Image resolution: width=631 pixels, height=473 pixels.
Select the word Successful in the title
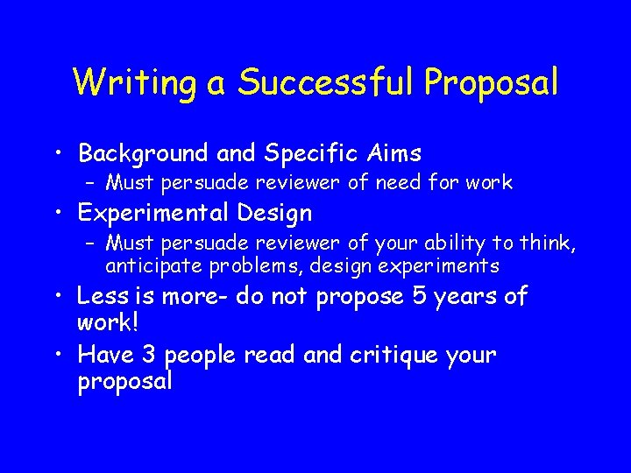[x=328, y=82]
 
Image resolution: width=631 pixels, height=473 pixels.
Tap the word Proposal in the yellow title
[x=492, y=83]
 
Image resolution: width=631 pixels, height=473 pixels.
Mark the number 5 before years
[x=419, y=296]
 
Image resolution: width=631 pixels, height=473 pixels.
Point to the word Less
[x=100, y=296]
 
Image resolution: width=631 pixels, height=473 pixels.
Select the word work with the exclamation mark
[x=104, y=322]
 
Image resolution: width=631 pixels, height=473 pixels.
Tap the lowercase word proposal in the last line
[x=125, y=382]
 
